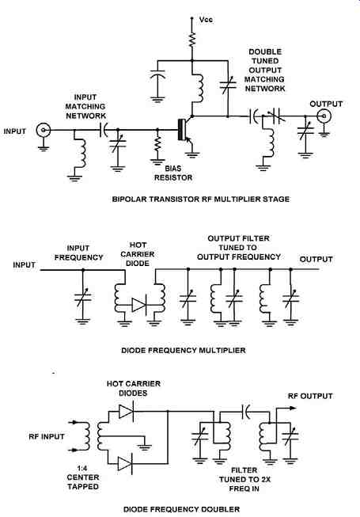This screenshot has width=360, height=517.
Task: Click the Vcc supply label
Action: [x=206, y=20]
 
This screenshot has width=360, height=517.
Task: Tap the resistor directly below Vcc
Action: [x=192, y=40]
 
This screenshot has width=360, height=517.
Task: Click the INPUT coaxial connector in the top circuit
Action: [x=44, y=130]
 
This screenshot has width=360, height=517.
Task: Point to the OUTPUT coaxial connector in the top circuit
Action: [x=324, y=116]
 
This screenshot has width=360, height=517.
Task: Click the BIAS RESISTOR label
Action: [x=173, y=173]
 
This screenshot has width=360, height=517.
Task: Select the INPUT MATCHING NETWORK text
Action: [x=85, y=107]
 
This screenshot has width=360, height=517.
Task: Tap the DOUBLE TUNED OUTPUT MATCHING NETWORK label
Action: [x=265, y=70]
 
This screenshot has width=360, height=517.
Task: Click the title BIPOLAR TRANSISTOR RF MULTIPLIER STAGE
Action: [x=201, y=200]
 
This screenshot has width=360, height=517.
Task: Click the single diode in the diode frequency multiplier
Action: [x=138, y=305]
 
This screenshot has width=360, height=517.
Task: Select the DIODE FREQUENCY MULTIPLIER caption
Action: [x=184, y=350]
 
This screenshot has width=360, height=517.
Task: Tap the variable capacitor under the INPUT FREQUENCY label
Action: [x=82, y=298]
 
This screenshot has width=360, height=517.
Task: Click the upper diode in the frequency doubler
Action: [x=126, y=411]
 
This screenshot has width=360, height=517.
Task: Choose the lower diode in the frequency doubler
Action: [x=125, y=464]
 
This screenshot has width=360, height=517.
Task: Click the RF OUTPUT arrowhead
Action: [x=293, y=409]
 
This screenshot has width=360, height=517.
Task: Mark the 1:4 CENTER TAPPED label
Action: [x=83, y=477]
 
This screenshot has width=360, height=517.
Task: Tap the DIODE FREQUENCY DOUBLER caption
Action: [x=181, y=509]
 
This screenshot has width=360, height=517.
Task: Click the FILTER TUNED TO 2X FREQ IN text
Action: [x=244, y=480]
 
